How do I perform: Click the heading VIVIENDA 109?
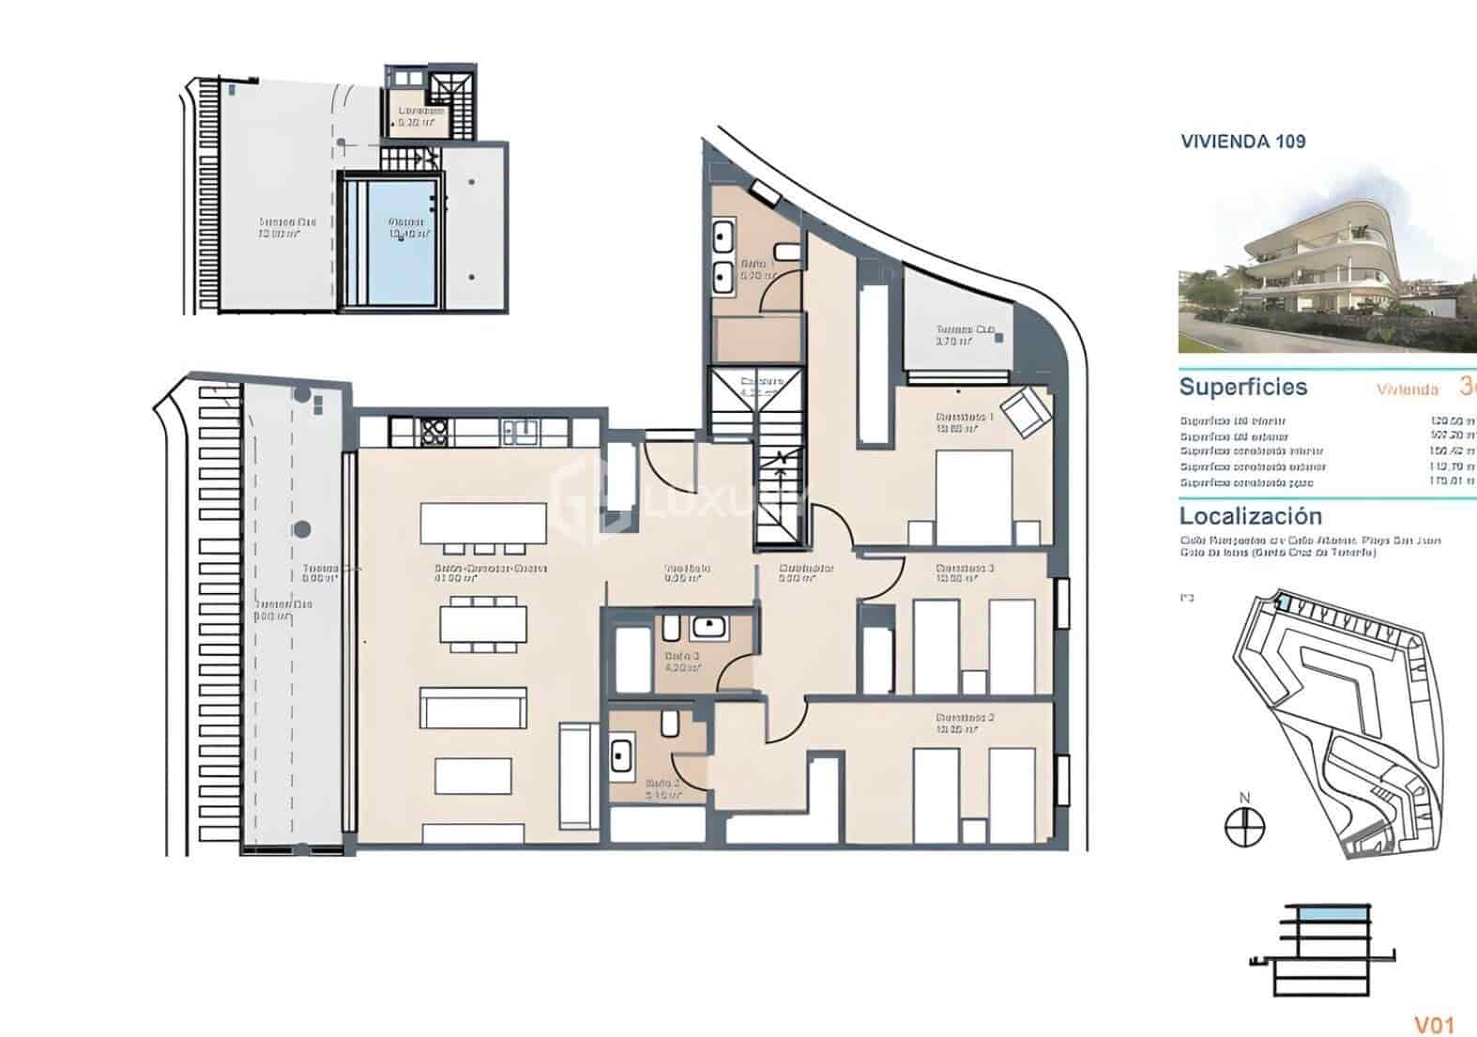point(1242,142)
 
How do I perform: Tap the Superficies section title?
point(1242,387)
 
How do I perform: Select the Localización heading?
point(1250,515)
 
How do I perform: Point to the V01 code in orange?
point(1434,1025)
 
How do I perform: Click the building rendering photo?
point(1327,260)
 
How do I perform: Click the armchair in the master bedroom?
point(1025,411)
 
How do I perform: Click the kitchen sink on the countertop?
point(519,432)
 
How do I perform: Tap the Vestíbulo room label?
point(687,568)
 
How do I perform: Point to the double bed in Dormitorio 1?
point(973,497)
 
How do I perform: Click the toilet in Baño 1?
point(786,252)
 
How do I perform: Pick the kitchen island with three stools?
point(482,524)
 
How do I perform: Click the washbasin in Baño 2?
point(621,755)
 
